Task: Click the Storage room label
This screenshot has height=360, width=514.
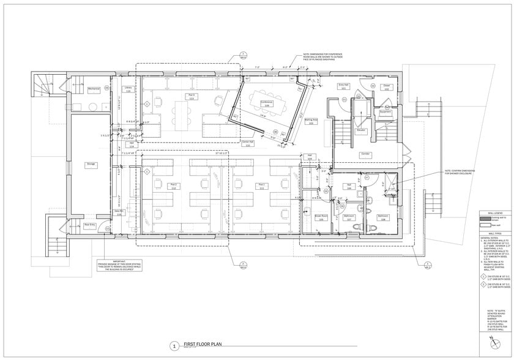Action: click(91, 164)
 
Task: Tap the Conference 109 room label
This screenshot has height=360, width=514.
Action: click(266, 103)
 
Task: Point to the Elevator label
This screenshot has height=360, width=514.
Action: click(361, 130)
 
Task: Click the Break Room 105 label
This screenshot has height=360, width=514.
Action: click(321, 217)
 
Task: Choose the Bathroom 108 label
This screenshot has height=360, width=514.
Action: click(384, 217)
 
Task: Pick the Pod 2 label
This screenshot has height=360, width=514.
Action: click(174, 186)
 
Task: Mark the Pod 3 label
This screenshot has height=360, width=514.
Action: click(192, 96)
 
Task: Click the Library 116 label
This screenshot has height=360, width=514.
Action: click(128, 89)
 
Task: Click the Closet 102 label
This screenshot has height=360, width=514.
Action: click(387, 88)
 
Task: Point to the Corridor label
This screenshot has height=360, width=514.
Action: click(365, 154)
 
